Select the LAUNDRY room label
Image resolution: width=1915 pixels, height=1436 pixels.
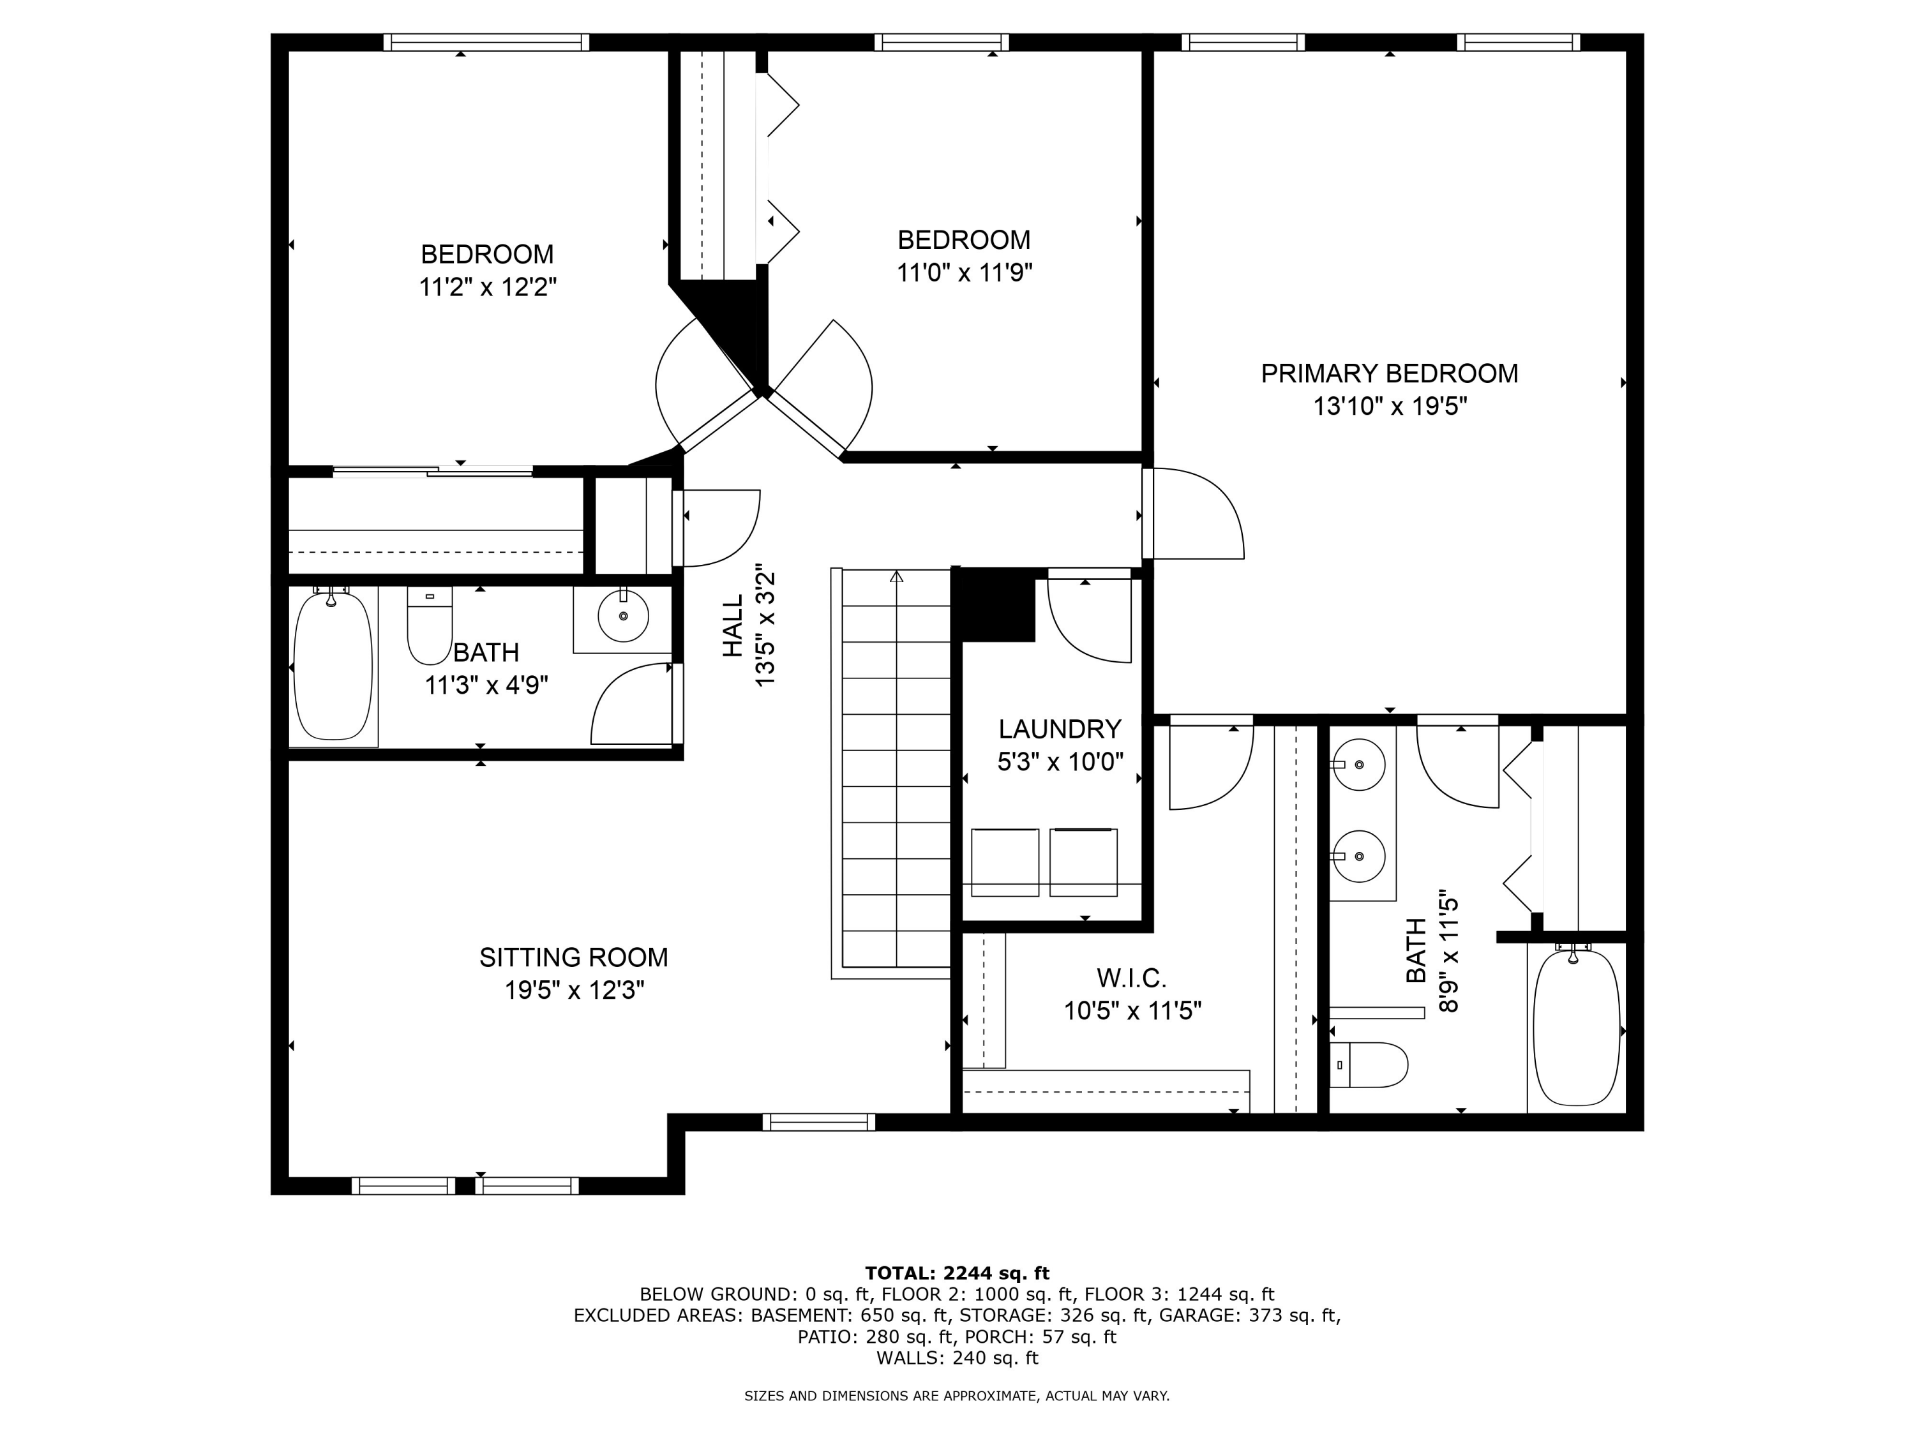point(1060,729)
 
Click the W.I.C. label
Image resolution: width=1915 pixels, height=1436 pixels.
point(1132,978)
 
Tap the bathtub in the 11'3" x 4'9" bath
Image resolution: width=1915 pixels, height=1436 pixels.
point(333,666)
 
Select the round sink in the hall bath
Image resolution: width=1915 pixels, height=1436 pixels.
point(623,615)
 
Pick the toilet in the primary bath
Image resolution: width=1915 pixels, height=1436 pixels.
point(1368,1065)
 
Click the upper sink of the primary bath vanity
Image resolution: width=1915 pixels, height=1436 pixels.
point(1359,765)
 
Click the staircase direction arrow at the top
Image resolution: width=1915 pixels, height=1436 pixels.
point(896,576)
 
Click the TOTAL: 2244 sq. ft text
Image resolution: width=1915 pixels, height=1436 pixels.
point(957,1273)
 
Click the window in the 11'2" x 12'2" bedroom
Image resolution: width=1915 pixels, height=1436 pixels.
point(486,42)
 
